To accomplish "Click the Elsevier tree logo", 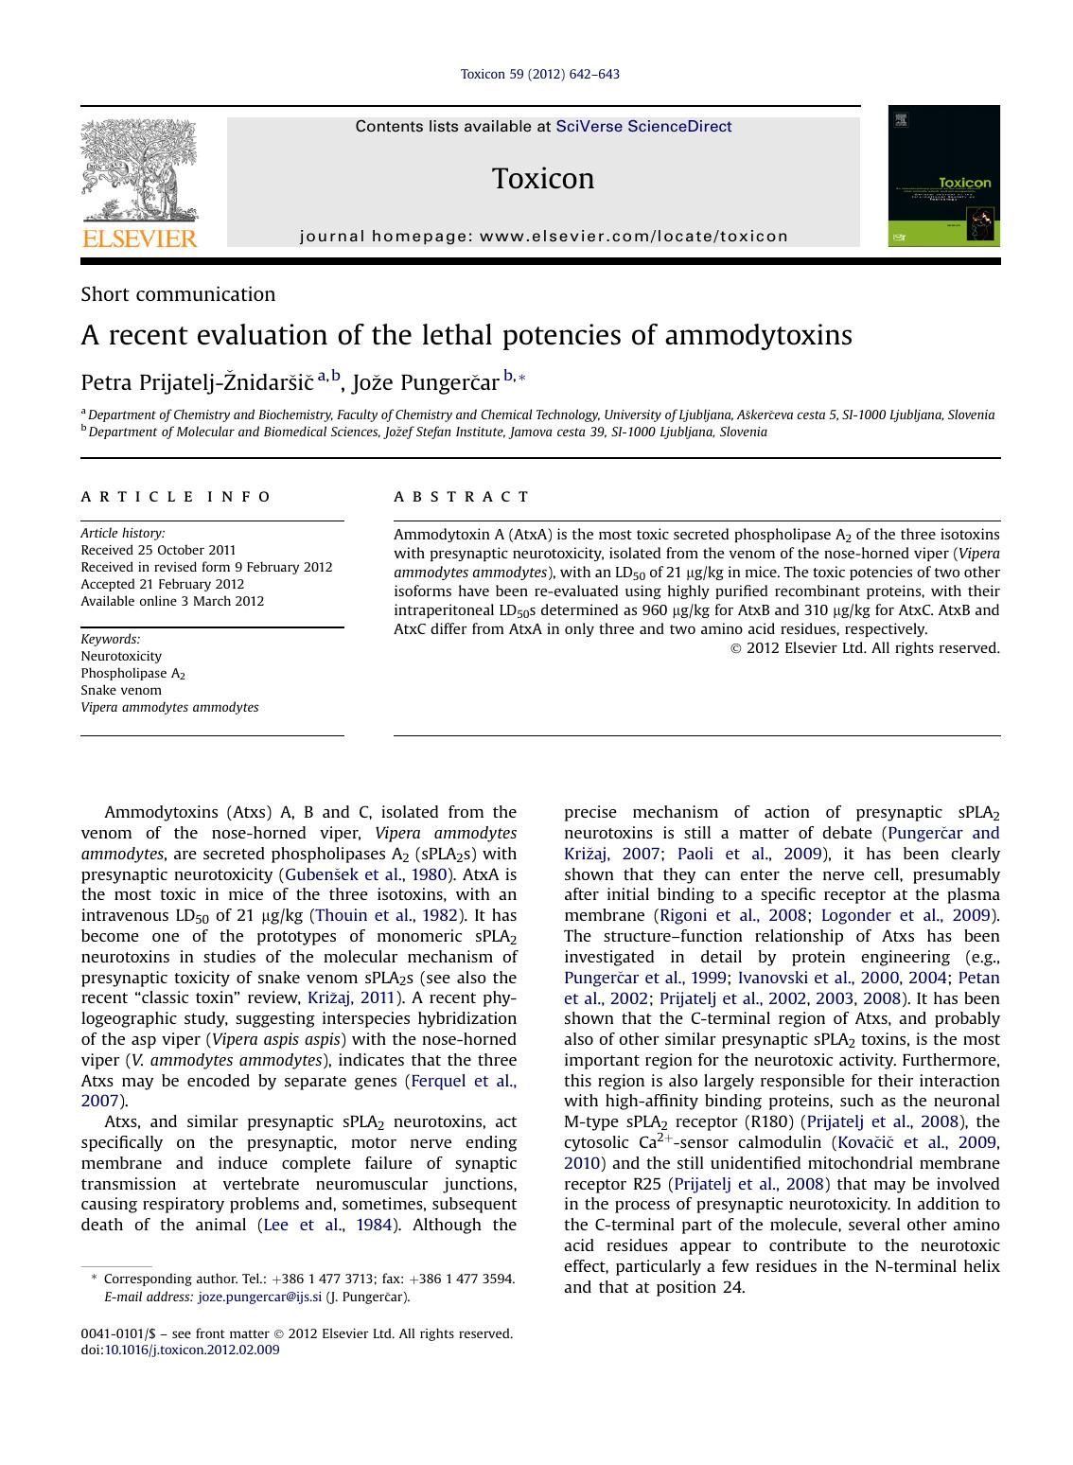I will [x=139, y=170].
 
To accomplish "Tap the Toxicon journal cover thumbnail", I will [x=943, y=176].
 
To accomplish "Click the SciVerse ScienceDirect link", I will [x=643, y=127].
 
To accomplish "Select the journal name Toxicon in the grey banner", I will [x=543, y=179].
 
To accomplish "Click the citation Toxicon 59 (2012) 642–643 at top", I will [x=539, y=74].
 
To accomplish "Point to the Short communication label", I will [x=178, y=294].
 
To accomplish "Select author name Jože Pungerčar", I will [x=425, y=382].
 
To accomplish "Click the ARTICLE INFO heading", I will [x=176, y=497].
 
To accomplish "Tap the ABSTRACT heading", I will [x=462, y=497].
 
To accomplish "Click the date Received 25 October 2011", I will [x=158, y=550].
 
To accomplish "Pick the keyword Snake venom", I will [x=121, y=690].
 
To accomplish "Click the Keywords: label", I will [x=111, y=639].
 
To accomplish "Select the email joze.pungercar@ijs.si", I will [x=259, y=1297].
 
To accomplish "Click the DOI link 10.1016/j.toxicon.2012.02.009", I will [x=192, y=1350].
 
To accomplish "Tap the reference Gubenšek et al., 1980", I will [x=365, y=874].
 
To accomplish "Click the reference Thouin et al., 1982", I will [x=386, y=915].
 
